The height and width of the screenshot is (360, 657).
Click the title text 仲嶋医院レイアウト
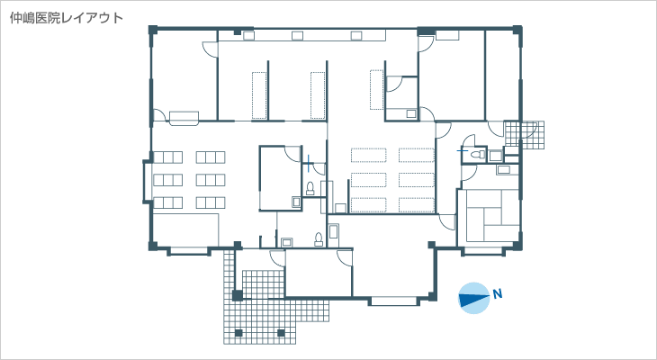[x=67, y=18]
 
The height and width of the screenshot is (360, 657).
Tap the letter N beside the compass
[x=498, y=293]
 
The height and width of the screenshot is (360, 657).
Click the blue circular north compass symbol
[x=474, y=298]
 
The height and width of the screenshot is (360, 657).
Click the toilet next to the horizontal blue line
[x=476, y=155]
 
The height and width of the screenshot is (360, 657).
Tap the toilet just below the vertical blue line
[x=310, y=188]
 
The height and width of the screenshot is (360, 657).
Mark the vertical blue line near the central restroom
[x=309, y=163]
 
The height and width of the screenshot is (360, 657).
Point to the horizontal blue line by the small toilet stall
[x=463, y=150]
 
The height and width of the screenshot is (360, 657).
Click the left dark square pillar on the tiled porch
[x=238, y=333]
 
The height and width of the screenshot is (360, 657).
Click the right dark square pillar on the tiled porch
[x=281, y=333]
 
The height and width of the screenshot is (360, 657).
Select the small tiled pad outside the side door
[x=524, y=135]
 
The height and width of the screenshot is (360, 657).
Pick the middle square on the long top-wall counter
[x=297, y=36]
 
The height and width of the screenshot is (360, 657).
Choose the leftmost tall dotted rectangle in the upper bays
[x=259, y=95]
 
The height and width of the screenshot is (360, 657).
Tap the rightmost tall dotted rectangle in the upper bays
[x=377, y=90]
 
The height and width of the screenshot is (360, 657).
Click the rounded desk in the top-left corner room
[x=184, y=118]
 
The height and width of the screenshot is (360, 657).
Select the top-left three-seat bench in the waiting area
[x=168, y=157]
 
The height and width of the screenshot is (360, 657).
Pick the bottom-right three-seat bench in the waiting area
[x=211, y=202]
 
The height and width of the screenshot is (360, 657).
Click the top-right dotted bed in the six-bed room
[x=417, y=155]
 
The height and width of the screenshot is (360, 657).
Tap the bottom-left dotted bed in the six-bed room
[x=369, y=204]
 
